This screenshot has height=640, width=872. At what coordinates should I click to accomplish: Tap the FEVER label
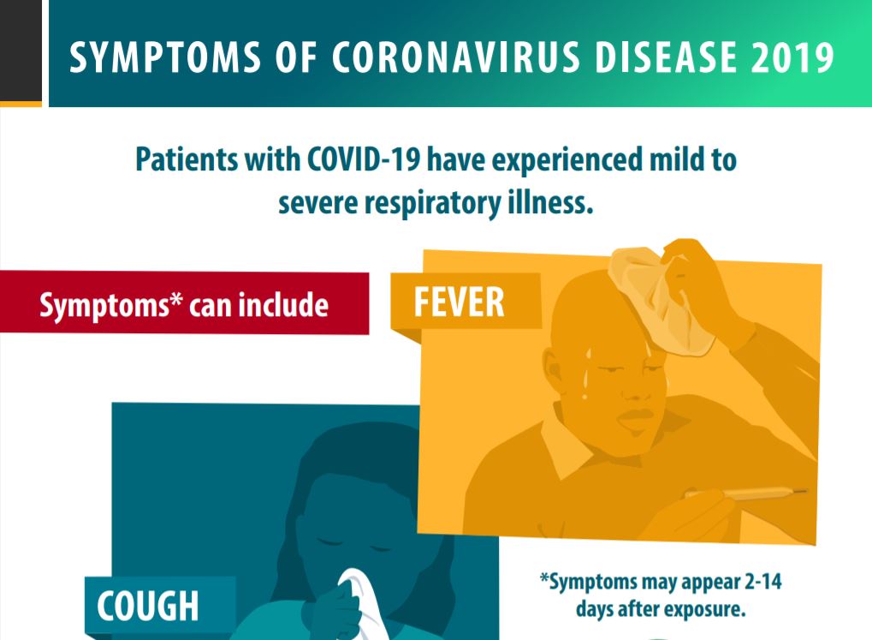pos(459,302)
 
